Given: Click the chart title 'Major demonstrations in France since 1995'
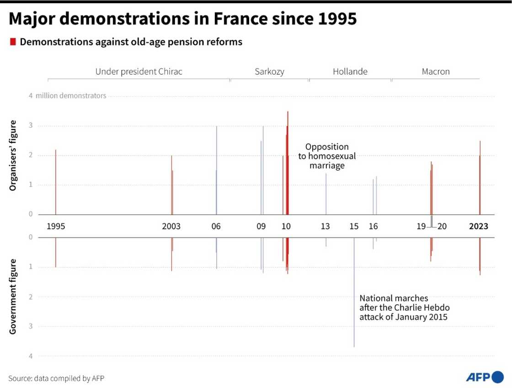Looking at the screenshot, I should click(x=182, y=19).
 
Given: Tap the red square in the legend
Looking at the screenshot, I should click(x=12, y=42).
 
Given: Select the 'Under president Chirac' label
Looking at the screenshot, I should click(x=139, y=71).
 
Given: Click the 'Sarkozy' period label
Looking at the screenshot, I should click(x=269, y=71).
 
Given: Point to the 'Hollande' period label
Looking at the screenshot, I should click(x=350, y=71).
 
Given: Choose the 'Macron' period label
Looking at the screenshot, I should click(x=436, y=71).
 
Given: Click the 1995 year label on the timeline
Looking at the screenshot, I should click(x=56, y=226).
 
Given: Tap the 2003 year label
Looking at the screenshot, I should click(x=171, y=226).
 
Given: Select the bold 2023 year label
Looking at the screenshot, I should click(x=480, y=226).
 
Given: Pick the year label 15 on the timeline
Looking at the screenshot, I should click(x=354, y=226).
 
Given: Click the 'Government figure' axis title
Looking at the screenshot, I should click(x=13, y=296).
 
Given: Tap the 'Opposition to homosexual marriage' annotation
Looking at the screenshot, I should click(x=327, y=156).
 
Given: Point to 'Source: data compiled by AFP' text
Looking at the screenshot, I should click(x=53, y=378).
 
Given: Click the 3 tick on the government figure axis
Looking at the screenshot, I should click(x=30, y=326).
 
